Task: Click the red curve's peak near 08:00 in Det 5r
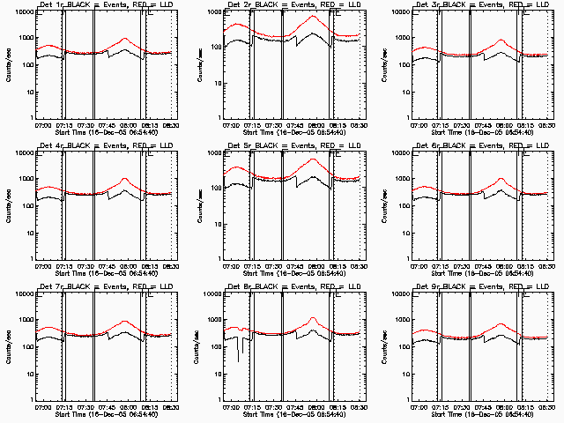(313, 160)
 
